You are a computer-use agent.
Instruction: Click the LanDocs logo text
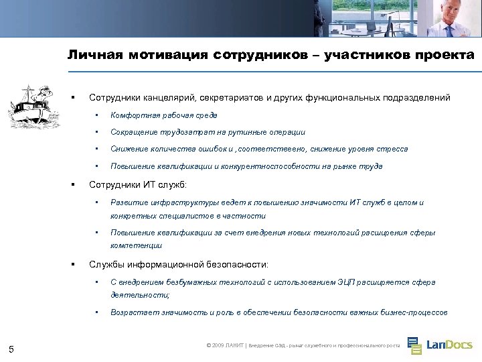click(x=450, y=345)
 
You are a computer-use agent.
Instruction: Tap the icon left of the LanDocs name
click(x=414, y=345)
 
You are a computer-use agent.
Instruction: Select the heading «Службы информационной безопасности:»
click(x=179, y=265)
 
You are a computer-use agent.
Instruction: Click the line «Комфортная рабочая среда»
click(x=164, y=115)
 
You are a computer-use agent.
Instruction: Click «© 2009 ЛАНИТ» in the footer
click(x=226, y=345)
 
